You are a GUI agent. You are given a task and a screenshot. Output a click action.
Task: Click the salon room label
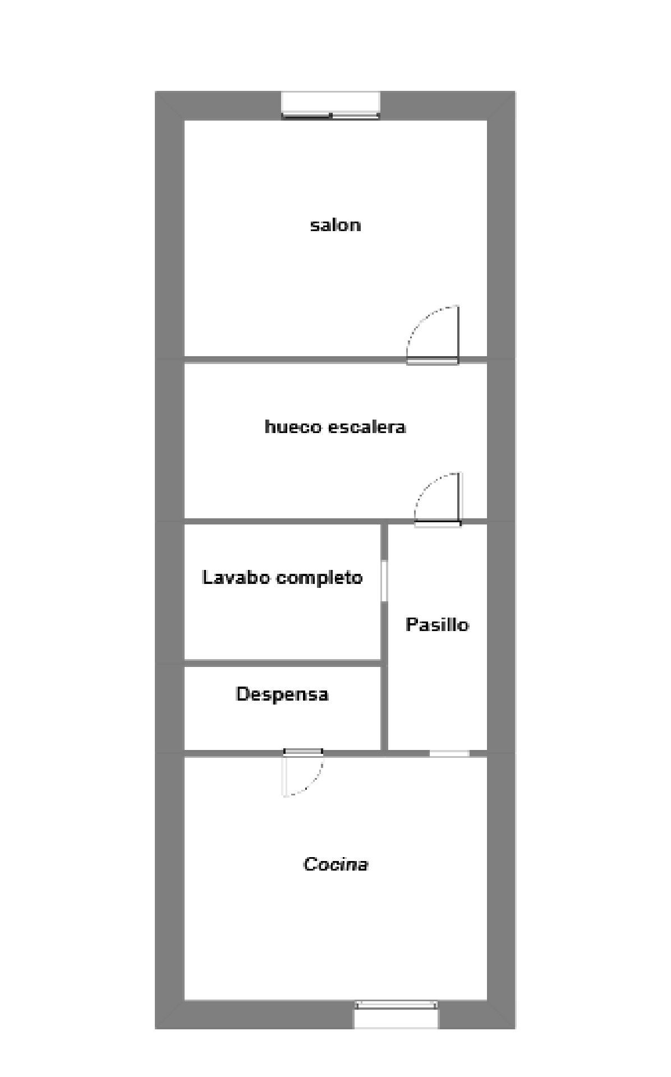(335, 225)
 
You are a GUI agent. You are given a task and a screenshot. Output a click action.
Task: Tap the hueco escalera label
(335, 427)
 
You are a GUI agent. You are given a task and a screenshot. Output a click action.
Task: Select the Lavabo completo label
(282, 578)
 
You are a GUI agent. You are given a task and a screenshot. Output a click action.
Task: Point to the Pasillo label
(437, 625)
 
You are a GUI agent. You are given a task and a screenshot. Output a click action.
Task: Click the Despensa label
(282, 694)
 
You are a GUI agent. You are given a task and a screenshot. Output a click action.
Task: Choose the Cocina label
(335, 864)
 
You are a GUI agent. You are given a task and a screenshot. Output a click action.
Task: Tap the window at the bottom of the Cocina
(396, 1014)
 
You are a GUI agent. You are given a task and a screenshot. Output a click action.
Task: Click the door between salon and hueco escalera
(433, 361)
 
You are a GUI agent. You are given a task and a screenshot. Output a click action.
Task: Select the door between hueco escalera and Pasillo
(438, 523)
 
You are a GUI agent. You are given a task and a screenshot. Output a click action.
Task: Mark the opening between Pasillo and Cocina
(449, 753)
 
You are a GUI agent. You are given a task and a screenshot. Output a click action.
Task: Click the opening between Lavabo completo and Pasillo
(384, 581)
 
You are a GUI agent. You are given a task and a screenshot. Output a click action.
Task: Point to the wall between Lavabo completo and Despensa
(282, 663)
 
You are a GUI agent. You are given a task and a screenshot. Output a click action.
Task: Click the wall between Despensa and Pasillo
(384, 707)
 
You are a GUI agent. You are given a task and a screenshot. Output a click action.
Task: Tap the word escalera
(366, 427)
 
